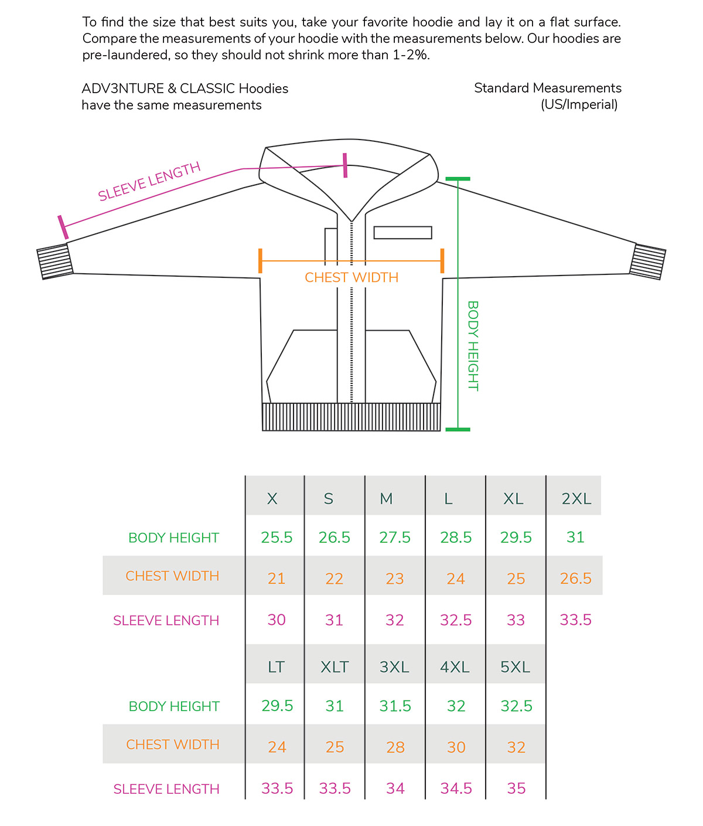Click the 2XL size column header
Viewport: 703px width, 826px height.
pyautogui.click(x=576, y=499)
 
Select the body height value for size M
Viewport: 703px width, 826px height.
pyautogui.click(x=395, y=538)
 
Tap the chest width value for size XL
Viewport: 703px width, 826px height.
pyautogui.click(x=516, y=579)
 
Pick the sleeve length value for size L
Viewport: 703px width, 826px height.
pyautogui.click(x=456, y=620)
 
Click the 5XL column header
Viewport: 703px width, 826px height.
pyautogui.click(x=516, y=667)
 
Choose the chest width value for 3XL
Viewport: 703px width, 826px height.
pyautogui.click(x=395, y=747)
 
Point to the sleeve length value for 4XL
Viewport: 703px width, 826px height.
pyautogui.click(x=456, y=788)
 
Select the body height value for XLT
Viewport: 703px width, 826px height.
pyautogui.click(x=335, y=706)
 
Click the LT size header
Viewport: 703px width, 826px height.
pyautogui.click(x=276, y=667)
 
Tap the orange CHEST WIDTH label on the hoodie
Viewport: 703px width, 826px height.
pyautogui.click(x=351, y=277)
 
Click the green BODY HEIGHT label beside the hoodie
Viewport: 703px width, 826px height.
pyautogui.click(x=473, y=346)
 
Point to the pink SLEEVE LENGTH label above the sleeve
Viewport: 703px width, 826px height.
pyautogui.click(x=149, y=181)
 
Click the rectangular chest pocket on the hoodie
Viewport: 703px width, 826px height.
pyautogui.click(x=402, y=233)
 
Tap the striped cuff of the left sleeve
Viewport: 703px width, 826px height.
pyautogui.click(x=54, y=261)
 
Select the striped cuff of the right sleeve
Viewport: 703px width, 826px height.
pyautogui.click(x=647, y=261)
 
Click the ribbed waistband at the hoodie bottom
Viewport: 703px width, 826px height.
pyautogui.click(x=351, y=417)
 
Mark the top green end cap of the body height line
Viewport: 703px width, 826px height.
pyautogui.click(x=458, y=179)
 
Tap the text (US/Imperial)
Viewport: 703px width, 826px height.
pyautogui.click(x=579, y=105)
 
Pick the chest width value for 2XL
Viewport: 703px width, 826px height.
pyautogui.click(x=575, y=578)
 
